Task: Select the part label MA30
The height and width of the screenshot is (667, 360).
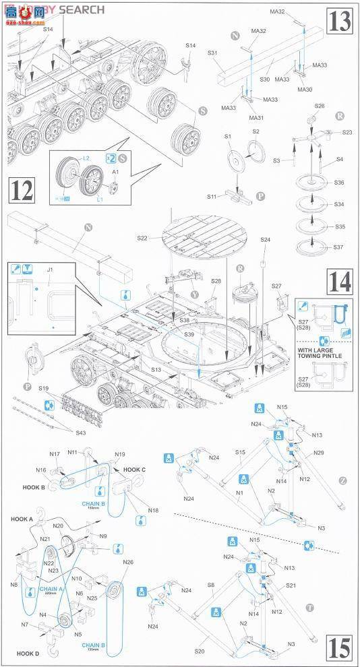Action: click(x=305, y=90)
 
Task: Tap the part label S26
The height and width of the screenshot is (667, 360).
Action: click(x=320, y=106)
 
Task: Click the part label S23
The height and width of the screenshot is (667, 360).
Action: click(x=347, y=132)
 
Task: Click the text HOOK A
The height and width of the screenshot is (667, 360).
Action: click(x=22, y=519)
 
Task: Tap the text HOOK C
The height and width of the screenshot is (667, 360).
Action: click(x=135, y=469)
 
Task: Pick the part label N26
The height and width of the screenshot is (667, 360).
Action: click(x=128, y=563)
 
